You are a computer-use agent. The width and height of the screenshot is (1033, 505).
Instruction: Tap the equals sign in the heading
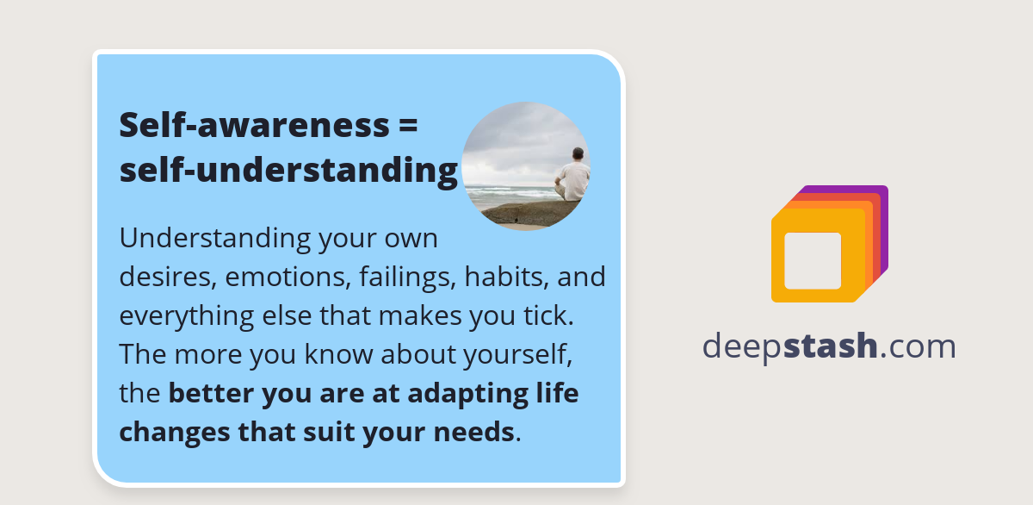tap(409, 126)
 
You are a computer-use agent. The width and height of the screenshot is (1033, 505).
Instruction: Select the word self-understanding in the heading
tap(288, 171)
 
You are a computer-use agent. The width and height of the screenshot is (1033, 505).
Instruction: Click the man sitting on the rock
tap(574, 178)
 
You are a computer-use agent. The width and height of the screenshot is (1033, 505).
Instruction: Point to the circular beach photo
tap(525, 166)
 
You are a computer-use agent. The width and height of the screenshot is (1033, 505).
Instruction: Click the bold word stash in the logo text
tap(831, 346)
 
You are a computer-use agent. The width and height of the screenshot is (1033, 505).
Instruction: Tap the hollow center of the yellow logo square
tap(813, 260)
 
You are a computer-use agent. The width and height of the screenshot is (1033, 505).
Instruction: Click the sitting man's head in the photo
tap(578, 154)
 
